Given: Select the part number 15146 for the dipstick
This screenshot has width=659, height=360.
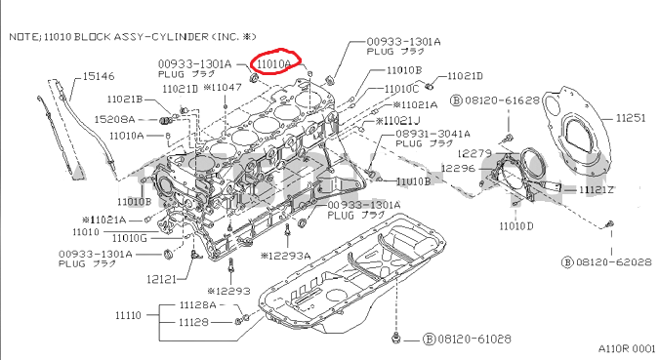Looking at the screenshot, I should [99, 75].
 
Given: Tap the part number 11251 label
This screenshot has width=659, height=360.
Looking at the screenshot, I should [630, 118].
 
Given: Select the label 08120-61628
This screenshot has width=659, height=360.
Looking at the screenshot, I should [501, 100].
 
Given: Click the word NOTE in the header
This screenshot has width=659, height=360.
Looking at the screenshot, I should [24, 35].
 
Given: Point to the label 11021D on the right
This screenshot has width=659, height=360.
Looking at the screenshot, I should [466, 76].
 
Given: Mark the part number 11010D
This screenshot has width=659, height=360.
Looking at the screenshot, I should [516, 225].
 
